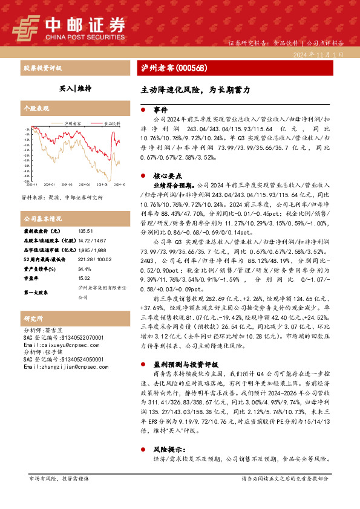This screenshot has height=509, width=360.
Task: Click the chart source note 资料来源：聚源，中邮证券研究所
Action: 62,198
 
